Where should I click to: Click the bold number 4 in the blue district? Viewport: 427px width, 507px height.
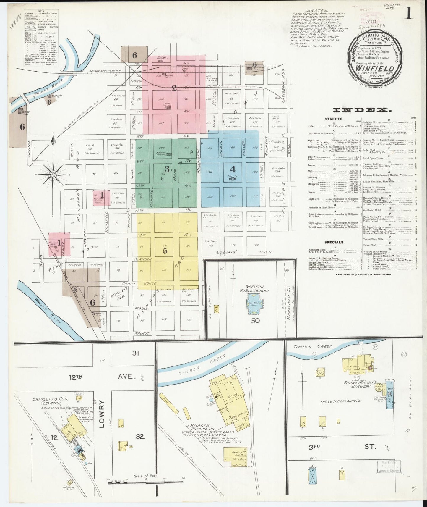233,169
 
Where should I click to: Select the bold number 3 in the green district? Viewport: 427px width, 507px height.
167,169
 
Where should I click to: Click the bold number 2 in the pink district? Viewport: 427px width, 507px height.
175,88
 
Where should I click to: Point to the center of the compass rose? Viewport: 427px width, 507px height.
53,175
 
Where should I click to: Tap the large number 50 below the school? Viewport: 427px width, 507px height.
255,320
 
